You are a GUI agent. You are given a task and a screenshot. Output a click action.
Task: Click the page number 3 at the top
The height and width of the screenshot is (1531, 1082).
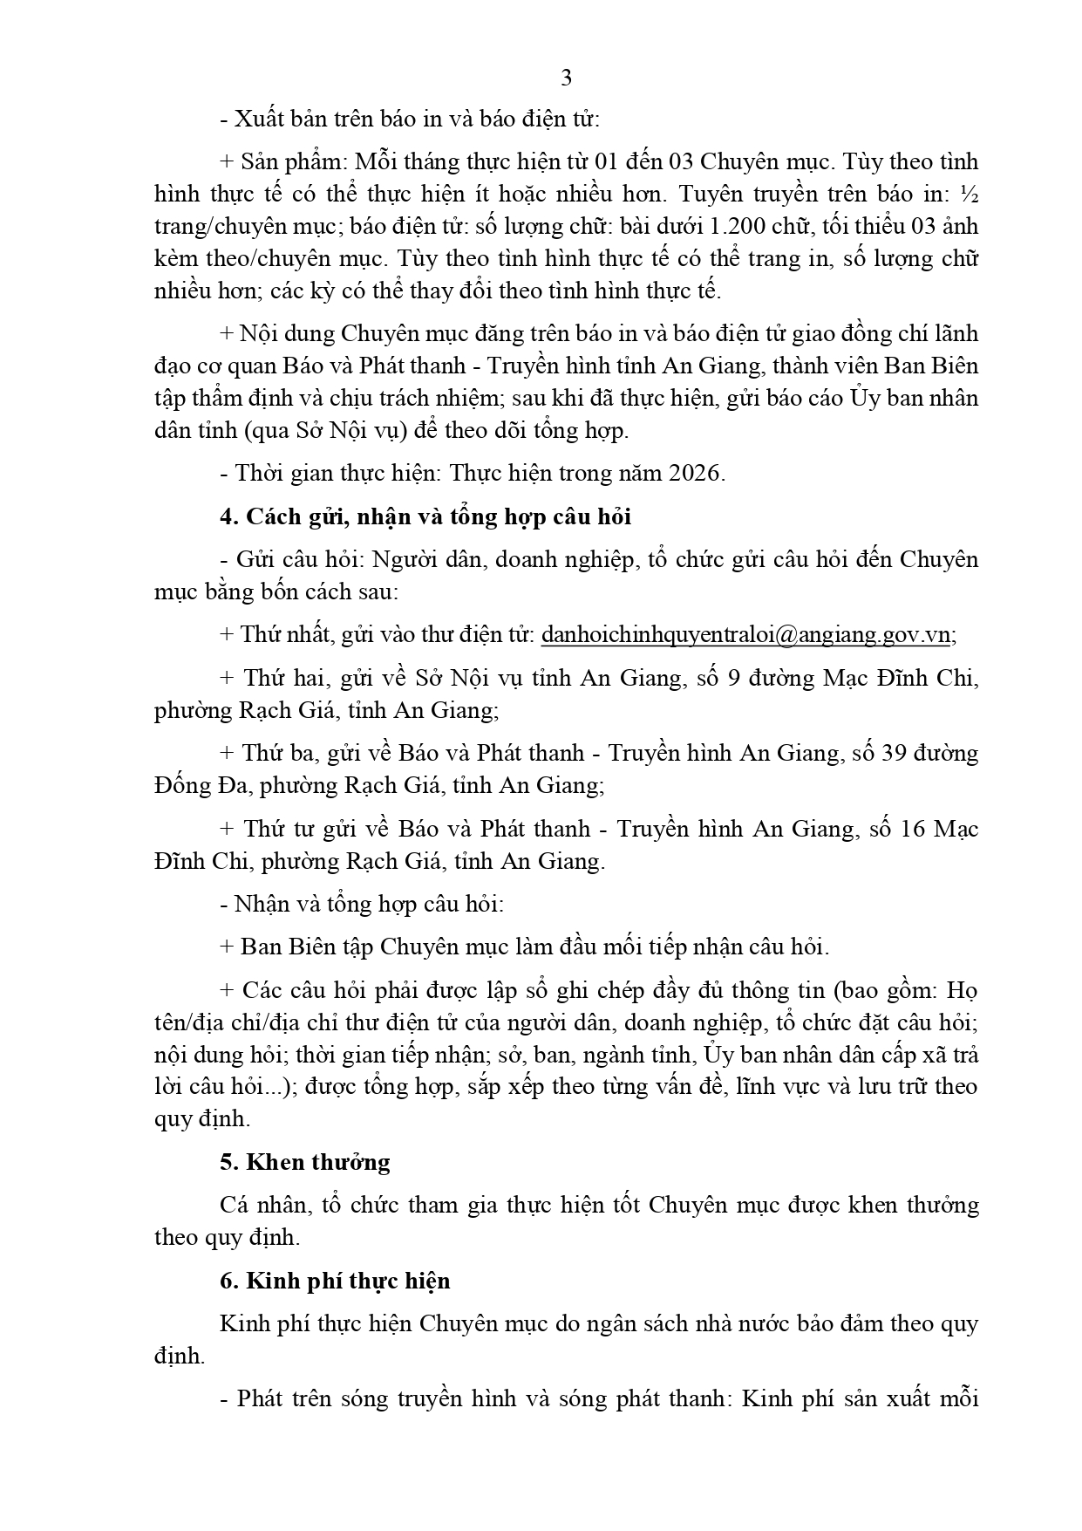pos(566,78)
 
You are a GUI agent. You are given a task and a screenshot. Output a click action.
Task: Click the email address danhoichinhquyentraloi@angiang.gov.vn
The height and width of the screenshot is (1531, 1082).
pos(745,635)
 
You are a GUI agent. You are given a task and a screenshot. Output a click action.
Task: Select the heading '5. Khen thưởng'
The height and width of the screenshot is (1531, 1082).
pos(305,1162)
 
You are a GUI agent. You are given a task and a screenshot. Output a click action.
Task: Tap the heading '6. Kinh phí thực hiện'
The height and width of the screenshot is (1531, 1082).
pos(336,1282)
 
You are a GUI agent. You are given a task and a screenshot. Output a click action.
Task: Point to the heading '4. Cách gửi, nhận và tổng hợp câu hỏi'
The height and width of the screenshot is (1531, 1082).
pos(425,516)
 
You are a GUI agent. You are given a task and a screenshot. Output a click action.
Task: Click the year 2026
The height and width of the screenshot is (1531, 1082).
pos(695,473)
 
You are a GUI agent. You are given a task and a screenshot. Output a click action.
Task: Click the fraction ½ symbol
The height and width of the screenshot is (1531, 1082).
pos(969,194)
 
